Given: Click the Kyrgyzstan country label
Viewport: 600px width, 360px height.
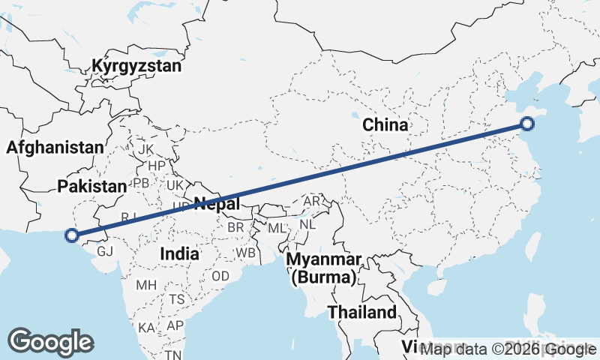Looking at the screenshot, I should pyautogui.click(x=137, y=66).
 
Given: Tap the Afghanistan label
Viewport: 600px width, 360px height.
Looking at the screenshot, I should pyautogui.click(x=54, y=148).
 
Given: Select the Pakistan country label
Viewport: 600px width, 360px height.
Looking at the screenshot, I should pyautogui.click(x=92, y=186).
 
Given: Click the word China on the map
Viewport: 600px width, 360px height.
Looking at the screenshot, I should pyautogui.click(x=385, y=124).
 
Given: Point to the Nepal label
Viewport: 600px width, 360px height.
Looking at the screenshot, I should pyautogui.click(x=217, y=202).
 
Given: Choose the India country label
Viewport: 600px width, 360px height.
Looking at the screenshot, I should pyautogui.click(x=179, y=253).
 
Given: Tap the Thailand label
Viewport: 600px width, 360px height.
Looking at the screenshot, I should pyautogui.click(x=361, y=312).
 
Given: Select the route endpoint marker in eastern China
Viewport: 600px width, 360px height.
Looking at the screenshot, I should pyautogui.click(x=527, y=124).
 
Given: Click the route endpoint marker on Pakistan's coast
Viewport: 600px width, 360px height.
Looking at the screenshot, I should pyautogui.click(x=72, y=235).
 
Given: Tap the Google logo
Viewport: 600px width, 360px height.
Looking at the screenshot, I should pyautogui.click(x=50, y=341).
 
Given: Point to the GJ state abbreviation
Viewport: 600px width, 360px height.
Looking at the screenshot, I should pyautogui.click(x=105, y=251).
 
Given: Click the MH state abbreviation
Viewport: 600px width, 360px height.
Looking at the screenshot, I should pyautogui.click(x=146, y=285).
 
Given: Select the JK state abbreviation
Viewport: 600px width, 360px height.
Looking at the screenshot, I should pyautogui.click(x=145, y=149).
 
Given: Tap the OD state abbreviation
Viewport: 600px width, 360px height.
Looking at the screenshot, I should pyautogui.click(x=220, y=276).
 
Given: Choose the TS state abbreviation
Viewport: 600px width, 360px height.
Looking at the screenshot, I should pyautogui.click(x=177, y=298).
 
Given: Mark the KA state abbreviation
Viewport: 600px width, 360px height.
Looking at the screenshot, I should pyautogui.click(x=146, y=328).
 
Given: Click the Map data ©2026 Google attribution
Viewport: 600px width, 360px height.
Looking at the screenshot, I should pyautogui.click(x=508, y=349).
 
